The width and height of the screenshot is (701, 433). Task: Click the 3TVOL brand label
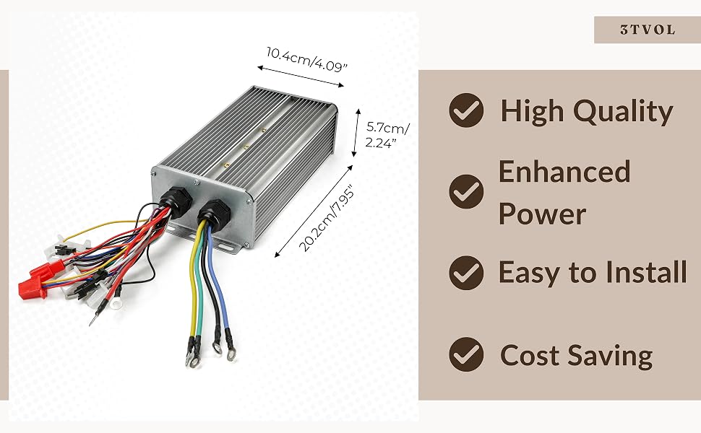pyautogui.click(x=648, y=30)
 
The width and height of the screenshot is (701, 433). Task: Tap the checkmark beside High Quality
pyautogui.click(x=466, y=110)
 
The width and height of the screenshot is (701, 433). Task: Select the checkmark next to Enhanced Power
pyautogui.click(x=466, y=191)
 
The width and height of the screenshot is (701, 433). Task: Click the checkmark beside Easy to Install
pyautogui.click(x=466, y=273)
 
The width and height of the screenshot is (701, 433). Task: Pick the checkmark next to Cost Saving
pyautogui.click(x=466, y=354)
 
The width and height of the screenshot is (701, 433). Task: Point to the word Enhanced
pyautogui.click(x=564, y=172)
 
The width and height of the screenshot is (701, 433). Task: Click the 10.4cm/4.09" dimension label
pyautogui.click(x=306, y=59)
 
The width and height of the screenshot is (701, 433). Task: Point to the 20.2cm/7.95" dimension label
pyautogui.click(x=327, y=218)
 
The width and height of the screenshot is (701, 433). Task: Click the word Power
pyautogui.click(x=542, y=214)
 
